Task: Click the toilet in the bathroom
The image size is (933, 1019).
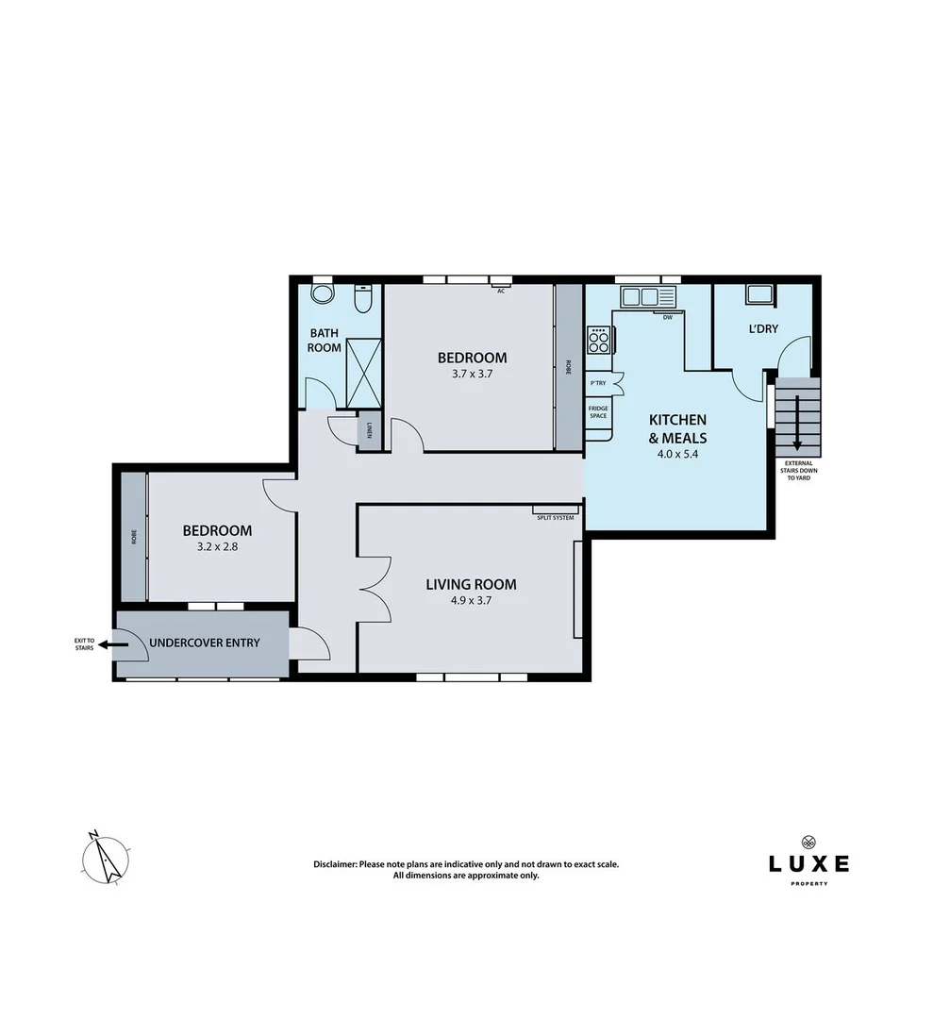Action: click(x=362, y=299)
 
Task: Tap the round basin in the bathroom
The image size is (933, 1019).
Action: click(x=323, y=294)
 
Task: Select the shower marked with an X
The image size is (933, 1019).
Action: click(x=363, y=374)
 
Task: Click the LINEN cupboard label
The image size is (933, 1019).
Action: click(x=369, y=430)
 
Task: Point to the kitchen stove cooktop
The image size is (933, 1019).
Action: click(x=599, y=339)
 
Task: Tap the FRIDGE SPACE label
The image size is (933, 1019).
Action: click(x=598, y=412)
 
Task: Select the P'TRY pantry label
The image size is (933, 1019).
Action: click(x=598, y=383)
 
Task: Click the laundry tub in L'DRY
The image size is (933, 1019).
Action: click(x=759, y=294)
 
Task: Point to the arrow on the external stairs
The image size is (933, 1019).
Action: click(x=798, y=421)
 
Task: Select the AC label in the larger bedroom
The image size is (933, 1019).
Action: click(x=501, y=291)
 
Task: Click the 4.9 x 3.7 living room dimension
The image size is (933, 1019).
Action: click(x=471, y=599)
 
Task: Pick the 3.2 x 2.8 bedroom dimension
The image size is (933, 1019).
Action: click(x=217, y=544)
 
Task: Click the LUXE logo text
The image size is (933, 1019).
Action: click(x=808, y=863)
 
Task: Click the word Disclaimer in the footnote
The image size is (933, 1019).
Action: click(x=335, y=864)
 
